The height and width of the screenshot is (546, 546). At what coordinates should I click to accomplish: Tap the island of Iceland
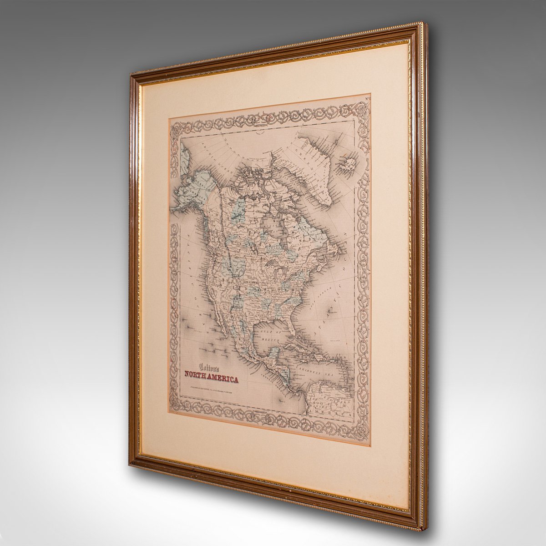pyautogui.click(x=347, y=162)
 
